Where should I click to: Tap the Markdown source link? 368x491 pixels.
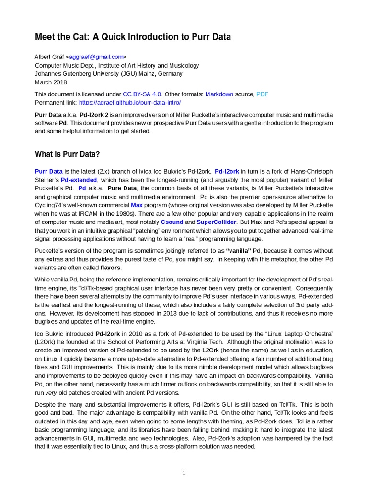coord(219,94)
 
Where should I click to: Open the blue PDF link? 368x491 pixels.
coord(262,94)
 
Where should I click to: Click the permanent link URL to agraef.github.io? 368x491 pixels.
coord(130,103)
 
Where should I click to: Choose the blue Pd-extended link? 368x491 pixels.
coord(79,180)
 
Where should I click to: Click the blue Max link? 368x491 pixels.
coord(137,205)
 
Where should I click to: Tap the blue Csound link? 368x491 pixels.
coord(171,222)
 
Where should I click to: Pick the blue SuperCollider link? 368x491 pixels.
coord(216,222)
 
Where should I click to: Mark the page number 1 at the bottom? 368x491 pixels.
coord(184,473)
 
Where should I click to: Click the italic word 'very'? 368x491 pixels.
coord(51,393)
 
